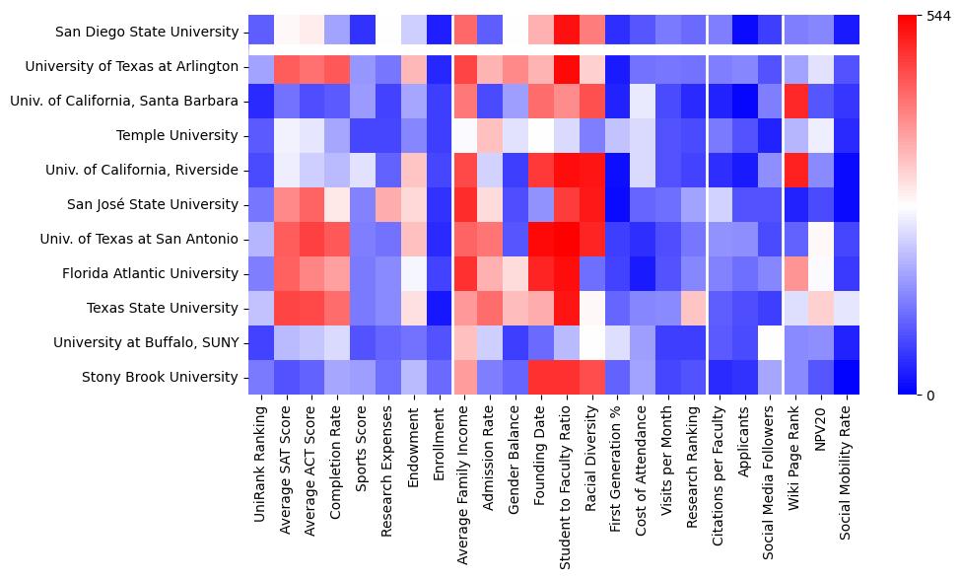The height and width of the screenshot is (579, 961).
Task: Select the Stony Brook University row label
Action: pyautogui.click(x=160, y=377)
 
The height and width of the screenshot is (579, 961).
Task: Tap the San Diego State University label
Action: pyautogui.click(x=147, y=32)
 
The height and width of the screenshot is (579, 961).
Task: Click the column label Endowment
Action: pyautogui.click(x=415, y=444)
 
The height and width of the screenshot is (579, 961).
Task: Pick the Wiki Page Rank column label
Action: pyautogui.click(x=796, y=455)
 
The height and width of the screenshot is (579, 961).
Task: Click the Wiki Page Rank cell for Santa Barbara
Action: pyautogui.click(x=795, y=101)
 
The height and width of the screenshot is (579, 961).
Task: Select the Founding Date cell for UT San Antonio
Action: pyautogui.click(x=541, y=239)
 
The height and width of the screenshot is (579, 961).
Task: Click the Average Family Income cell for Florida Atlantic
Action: pyautogui.click(x=466, y=273)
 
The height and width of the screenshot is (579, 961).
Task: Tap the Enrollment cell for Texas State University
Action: pyautogui.click(x=440, y=308)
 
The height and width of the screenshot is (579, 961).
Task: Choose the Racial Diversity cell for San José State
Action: pyautogui.click(x=592, y=204)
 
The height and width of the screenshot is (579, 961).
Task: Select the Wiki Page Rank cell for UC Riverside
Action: pyautogui.click(x=795, y=170)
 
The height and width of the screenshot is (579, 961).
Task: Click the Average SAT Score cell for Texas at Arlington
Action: pyautogui.click(x=287, y=66)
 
